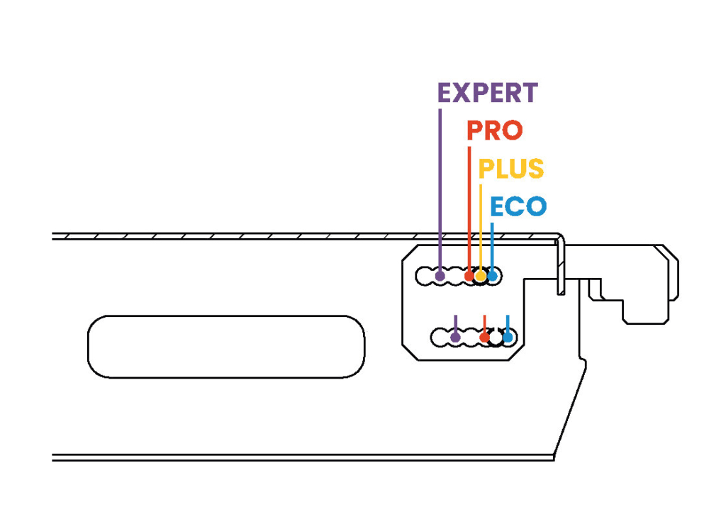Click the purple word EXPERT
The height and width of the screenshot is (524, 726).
coord(487,93)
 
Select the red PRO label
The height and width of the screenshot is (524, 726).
coord(494,130)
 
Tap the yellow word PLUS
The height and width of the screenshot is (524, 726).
coord(510,169)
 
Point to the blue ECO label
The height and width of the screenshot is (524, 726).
coord(518,206)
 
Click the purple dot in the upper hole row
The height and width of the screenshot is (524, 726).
coord(440,275)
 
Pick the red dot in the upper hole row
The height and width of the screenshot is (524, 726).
coord(469,275)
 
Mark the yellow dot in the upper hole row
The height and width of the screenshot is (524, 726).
coord(481,275)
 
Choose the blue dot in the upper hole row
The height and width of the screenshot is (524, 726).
coord(492,275)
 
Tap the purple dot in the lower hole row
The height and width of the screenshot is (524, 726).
coord(455,337)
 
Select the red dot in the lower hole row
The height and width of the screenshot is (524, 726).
coord(484,337)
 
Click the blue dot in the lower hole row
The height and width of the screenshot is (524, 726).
coord(508,337)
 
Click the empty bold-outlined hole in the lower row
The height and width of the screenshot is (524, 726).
coord(496,337)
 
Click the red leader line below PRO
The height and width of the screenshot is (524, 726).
coord(469,206)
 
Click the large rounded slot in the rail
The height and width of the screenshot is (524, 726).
coord(225,346)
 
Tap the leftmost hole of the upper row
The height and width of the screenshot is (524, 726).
coord(424,275)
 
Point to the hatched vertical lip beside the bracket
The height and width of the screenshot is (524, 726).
coord(560,266)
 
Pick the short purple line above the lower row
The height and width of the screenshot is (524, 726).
coord(455,323)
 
